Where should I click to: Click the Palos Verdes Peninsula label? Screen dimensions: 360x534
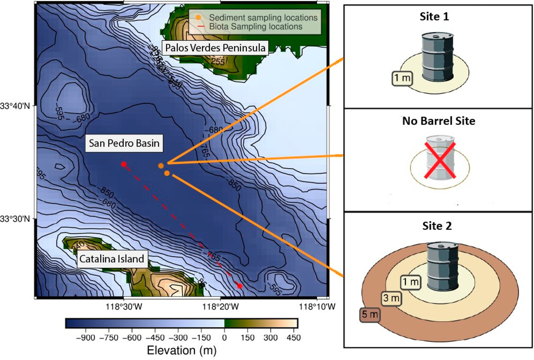215,48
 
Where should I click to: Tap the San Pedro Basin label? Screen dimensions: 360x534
124,144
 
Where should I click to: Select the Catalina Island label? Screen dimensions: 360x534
112,259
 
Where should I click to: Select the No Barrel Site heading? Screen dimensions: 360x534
438,121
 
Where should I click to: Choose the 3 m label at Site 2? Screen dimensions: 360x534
391,298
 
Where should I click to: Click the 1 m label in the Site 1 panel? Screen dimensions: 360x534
402,78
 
